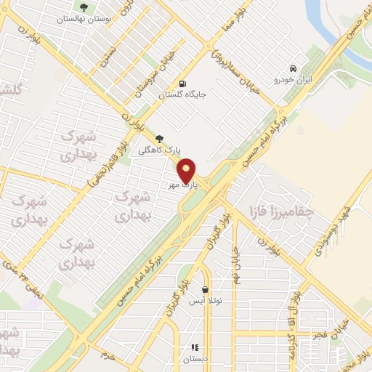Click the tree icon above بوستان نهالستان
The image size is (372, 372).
(86, 8)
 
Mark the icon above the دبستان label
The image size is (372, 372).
(194, 347)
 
